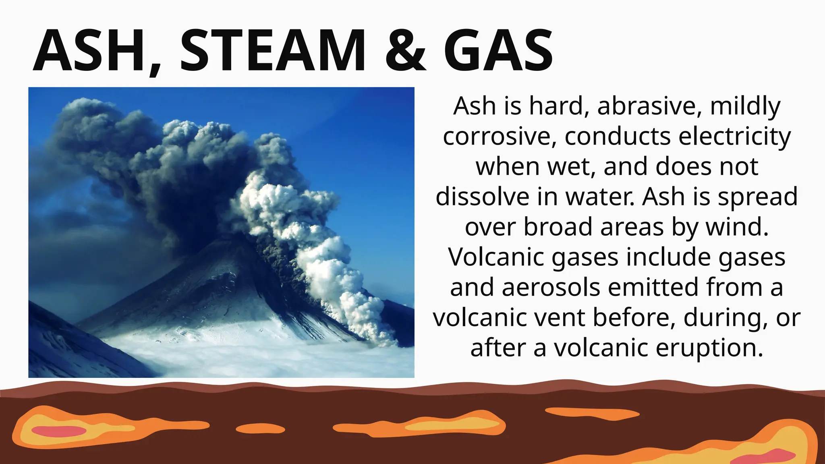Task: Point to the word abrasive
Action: point(649,106)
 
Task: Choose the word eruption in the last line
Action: point(709,348)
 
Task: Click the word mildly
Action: point(745,106)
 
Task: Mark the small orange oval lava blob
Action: point(260,429)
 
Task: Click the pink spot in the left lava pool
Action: point(59,431)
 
